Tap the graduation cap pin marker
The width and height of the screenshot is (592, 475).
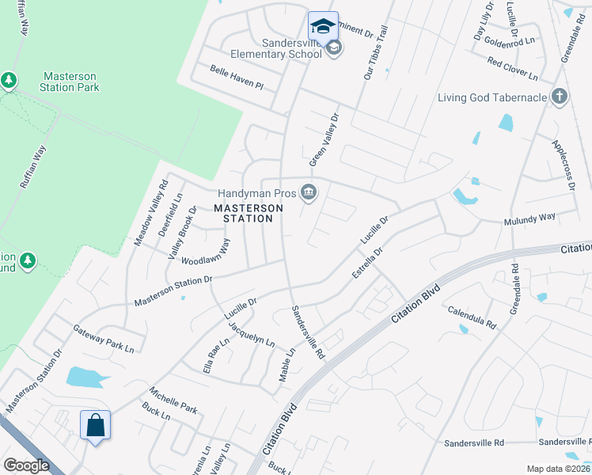pos(323,26)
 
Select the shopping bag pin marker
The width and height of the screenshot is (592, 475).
pos(95,425)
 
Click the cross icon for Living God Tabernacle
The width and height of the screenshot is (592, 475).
pos(560,97)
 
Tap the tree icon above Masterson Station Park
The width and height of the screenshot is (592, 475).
pos(9,80)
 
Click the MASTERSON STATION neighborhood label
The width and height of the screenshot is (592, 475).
pos(249,212)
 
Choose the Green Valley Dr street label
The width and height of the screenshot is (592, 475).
pos(324,139)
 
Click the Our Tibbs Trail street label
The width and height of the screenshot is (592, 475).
pos(377,52)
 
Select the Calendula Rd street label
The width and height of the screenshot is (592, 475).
pos(472,317)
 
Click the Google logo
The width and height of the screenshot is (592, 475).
pos(26,465)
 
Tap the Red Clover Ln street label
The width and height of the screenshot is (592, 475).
pos(512,69)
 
